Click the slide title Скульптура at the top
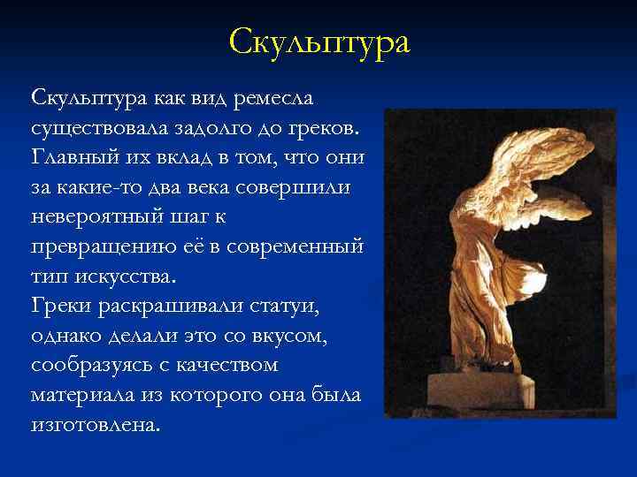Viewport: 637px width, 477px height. (x=318, y=42)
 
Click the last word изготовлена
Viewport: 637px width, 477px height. (x=96, y=425)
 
